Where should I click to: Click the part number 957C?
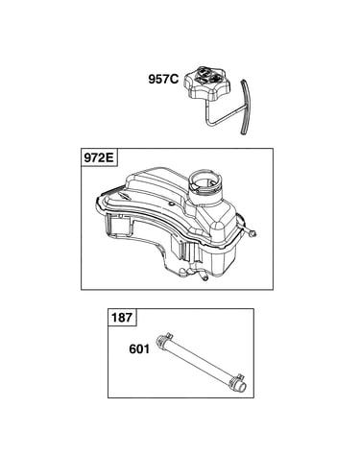pos(163,79)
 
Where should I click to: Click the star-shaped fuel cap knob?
pos(206,82)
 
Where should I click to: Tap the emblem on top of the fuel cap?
pos(208,75)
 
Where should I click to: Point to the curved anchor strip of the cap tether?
pos(247,107)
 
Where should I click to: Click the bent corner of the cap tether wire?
pos(208,123)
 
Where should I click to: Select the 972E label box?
pos(99,157)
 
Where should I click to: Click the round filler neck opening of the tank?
pos(204,181)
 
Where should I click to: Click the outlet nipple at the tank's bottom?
pos(204,276)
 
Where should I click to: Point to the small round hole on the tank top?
pos(172,204)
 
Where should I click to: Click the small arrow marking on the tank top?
pos(123,194)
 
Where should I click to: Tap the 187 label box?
pos(122,317)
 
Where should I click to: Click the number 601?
pos(139,348)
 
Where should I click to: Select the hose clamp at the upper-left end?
pos(164,341)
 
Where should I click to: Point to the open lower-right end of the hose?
pos(241,387)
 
